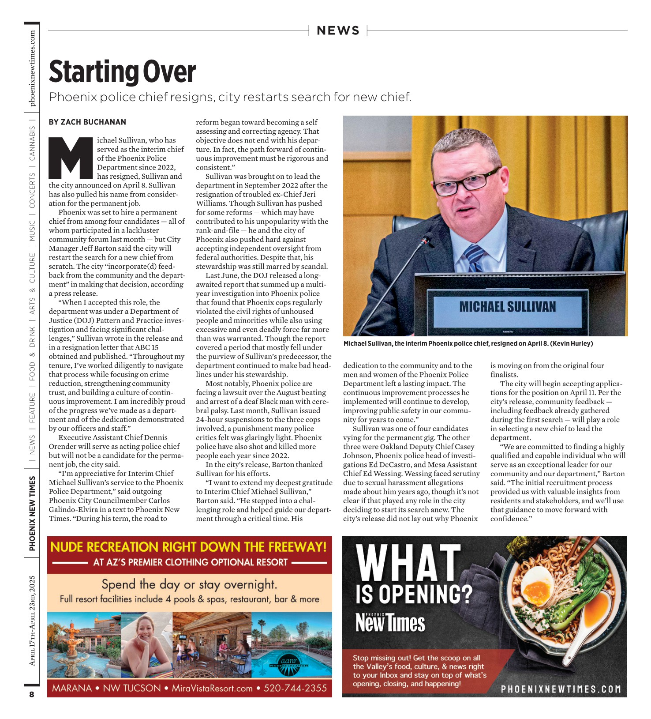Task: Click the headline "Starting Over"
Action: click(122, 72)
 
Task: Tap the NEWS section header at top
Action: click(338, 30)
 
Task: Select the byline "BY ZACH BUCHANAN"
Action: click(87, 122)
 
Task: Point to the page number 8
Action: click(32, 694)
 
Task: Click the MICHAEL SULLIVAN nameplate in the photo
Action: click(507, 307)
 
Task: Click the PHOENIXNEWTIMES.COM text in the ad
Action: click(561, 689)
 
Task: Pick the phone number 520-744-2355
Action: click(295, 688)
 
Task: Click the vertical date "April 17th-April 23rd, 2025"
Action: click(32, 620)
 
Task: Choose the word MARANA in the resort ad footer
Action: click(72, 688)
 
